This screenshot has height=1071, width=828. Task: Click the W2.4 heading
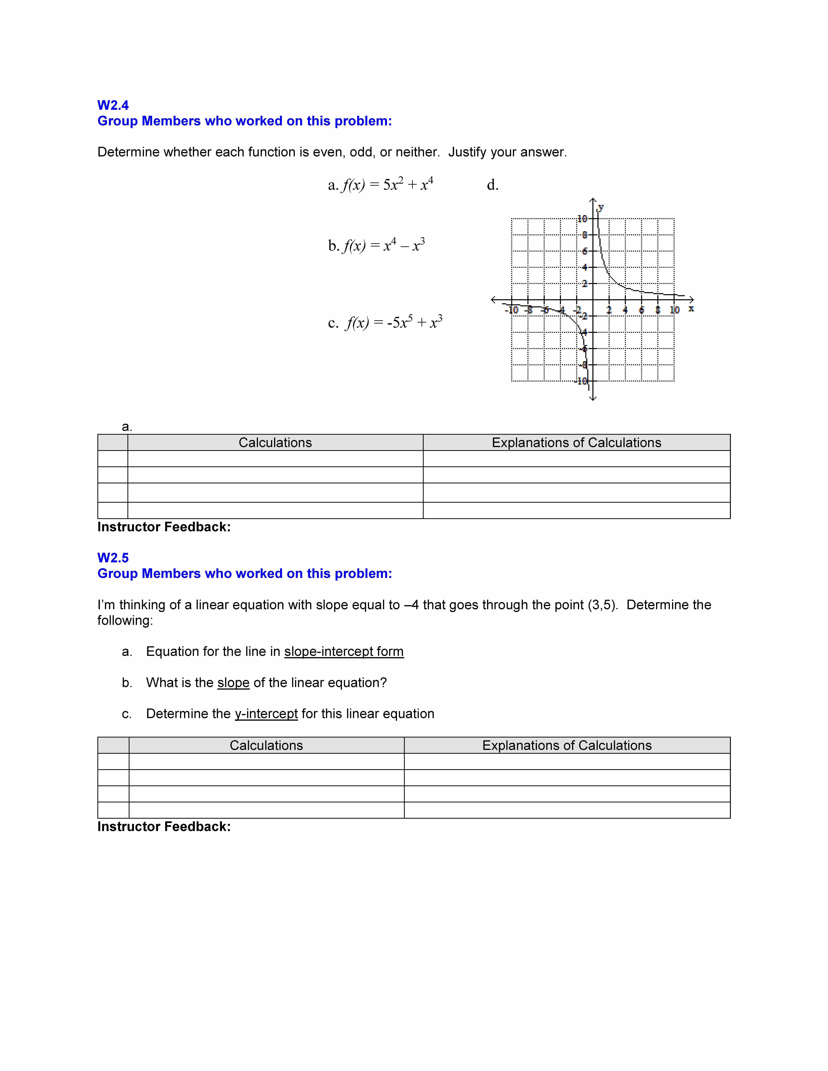(x=113, y=105)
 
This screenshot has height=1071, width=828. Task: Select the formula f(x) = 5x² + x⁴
(x=387, y=185)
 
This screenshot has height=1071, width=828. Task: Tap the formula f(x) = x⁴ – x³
(x=384, y=245)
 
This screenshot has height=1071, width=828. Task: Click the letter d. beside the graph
(x=492, y=185)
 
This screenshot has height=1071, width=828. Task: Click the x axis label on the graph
(x=691, y=308)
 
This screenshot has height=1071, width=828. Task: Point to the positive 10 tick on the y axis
(x=582, y=219)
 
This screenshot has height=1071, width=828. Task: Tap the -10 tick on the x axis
(x=512, y=310)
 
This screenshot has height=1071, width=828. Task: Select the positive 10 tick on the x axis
(x=674, y=310)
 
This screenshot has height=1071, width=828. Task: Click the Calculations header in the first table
(x=275, y=443)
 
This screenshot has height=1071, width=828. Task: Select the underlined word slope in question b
(x=233, y=683)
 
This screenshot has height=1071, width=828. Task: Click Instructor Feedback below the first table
(x=164, y=527)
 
